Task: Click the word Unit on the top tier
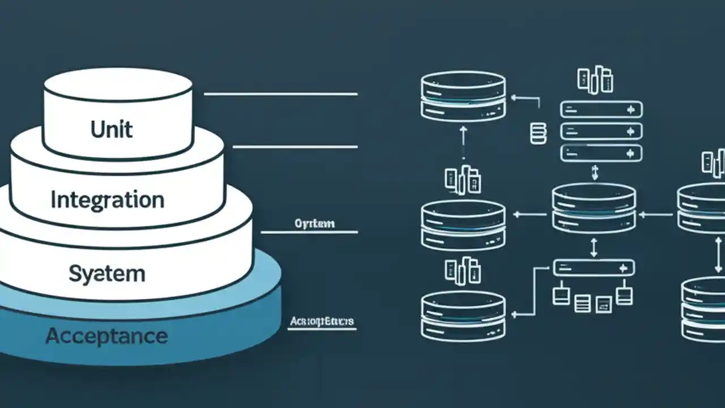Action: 112,129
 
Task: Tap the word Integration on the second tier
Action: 107,200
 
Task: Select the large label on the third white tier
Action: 107,274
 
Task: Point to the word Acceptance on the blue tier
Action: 106,336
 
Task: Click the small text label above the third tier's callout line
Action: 315,223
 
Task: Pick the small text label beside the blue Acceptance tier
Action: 322,322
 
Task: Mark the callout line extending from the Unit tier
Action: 280,94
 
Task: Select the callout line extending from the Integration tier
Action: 295,147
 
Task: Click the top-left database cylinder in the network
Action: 463,97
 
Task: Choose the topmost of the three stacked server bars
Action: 601,109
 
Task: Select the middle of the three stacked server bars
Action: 601,131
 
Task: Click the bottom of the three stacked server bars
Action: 601,153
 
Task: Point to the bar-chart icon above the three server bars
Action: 595,80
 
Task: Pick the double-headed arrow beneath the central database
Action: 594,247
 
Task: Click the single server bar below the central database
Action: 594,267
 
